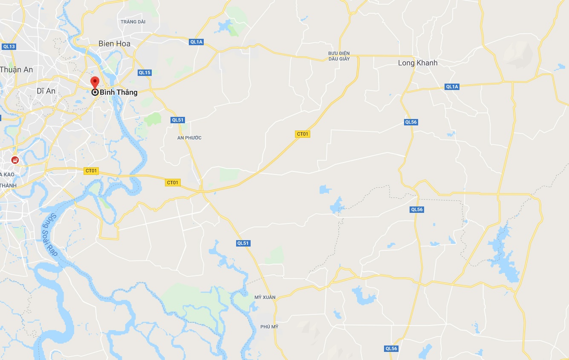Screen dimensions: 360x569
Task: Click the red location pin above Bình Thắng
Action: [x=95, y=82]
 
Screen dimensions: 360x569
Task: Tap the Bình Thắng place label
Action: [x=118, y=92]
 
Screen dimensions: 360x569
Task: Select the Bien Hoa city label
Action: [x=114, y=44]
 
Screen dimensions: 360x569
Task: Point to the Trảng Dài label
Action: [x=133, y=22]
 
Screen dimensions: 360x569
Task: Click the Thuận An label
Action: [x=16, y=70]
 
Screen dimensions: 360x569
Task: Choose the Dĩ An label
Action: [x=46, y=91]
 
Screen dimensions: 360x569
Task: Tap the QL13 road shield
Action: [x=9, y=46]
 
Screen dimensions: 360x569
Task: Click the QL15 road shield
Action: [x=144, y=73]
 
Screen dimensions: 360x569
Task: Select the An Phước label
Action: [x=189, y=138]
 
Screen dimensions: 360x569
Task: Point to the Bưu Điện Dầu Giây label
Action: [x=339, y=56]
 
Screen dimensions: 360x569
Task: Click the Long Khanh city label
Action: [x=418, y=63]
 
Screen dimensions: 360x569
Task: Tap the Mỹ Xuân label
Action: [x=265, y=297]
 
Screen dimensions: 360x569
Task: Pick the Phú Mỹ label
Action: [x=269, y=327]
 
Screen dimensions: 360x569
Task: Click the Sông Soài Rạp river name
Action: [x=51, y=234]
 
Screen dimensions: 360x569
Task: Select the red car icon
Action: [x=15, y=160]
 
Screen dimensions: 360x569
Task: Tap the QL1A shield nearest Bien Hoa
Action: [x=196, y=42]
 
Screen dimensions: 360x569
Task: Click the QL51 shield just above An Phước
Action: [x=178, y=120]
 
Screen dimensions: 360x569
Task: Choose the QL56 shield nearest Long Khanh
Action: [x=411, y=122]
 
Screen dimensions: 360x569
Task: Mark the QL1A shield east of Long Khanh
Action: [x=452, y=87]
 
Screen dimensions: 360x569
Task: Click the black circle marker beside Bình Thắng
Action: [x=95, y=92]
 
